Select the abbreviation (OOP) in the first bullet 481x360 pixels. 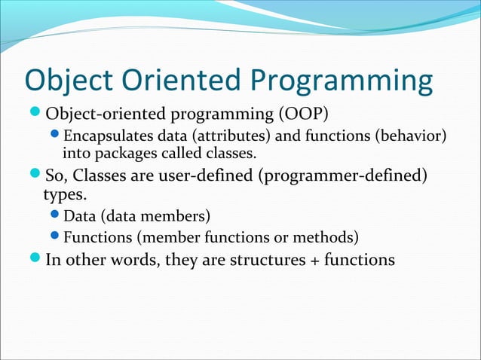303,114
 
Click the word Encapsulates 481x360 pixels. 108,136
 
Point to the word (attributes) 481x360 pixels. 231,136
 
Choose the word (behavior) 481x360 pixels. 411,136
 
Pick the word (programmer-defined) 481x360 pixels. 342,176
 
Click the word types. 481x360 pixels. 65,195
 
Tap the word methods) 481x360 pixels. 326,237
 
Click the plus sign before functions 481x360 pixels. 315,261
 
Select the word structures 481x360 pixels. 268,260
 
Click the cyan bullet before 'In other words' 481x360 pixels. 35,257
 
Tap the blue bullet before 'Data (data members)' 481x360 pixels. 54,214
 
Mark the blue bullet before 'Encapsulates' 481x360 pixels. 54,133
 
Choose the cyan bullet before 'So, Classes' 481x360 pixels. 35,172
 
